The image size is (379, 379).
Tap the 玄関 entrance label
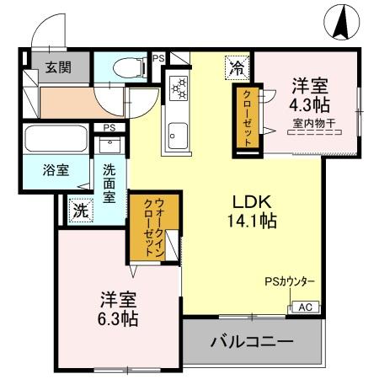tap(57, 68)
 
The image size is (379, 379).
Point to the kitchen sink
tap(177, 132)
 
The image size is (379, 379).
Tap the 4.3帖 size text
tap(310, 105)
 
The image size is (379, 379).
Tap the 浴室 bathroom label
tap(56, 168)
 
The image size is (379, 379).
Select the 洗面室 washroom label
tap(109, 181)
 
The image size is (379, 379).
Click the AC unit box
tap(305, 307)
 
